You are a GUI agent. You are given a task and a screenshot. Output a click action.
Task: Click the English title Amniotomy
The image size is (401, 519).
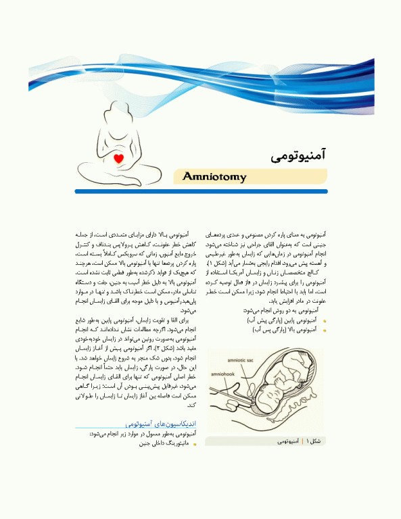pos(214,177)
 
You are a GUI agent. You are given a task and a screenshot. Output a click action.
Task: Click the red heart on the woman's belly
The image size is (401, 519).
pos(119,159)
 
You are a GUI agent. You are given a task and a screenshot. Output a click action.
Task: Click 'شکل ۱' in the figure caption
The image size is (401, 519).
pos(315,441)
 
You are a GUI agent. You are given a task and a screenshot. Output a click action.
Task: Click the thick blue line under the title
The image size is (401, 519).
pos(201,191)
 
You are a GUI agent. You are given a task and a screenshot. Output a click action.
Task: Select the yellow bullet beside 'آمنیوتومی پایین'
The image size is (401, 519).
pos(325,321)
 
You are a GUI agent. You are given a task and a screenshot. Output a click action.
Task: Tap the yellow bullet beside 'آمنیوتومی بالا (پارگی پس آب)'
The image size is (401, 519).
pos(325,330)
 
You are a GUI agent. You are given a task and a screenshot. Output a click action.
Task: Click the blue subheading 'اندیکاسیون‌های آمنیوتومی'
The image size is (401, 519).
pos(160,422)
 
